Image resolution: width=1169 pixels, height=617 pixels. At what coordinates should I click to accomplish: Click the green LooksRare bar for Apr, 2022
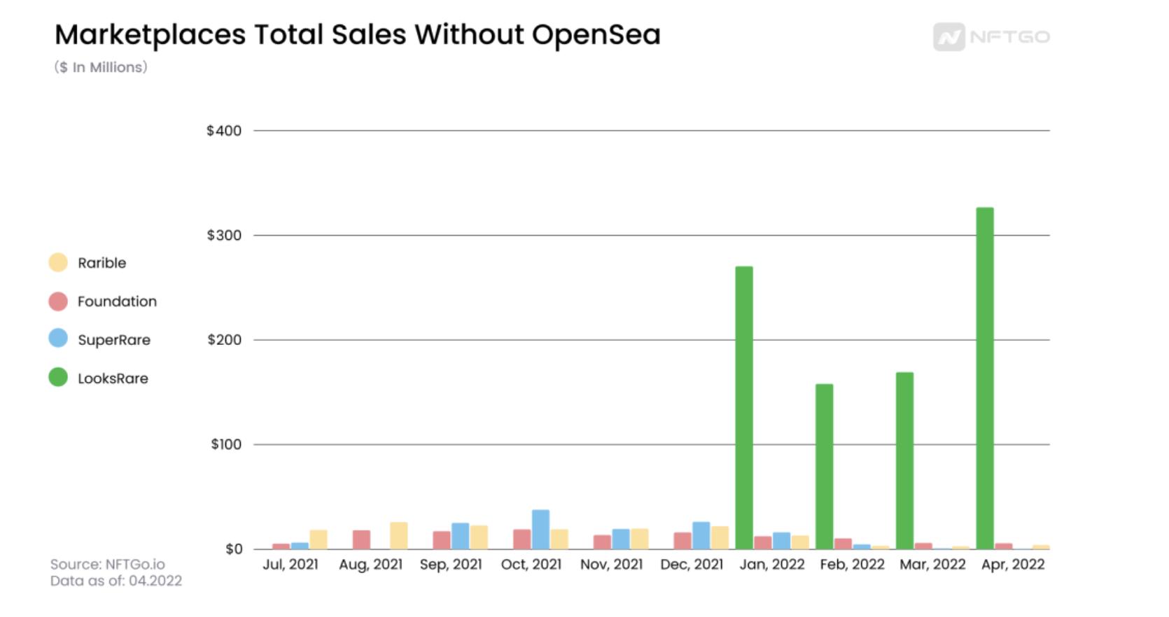(984, 378)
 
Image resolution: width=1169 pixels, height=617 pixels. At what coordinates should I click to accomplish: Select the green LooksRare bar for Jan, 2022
(744, 407)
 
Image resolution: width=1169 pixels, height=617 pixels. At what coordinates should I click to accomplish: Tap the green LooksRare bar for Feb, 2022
(824, 466)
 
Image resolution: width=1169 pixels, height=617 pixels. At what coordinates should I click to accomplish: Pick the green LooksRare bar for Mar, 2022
(904, 460)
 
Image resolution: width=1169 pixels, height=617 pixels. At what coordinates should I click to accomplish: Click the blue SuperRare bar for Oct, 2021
(540, 530)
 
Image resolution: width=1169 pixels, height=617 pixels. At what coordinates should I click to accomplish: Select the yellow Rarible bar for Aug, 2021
(398, 535)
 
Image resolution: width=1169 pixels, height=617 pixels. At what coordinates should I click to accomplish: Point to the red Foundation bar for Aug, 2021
(361, 539)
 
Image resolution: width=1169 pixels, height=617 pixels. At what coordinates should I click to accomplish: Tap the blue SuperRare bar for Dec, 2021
(701, 535)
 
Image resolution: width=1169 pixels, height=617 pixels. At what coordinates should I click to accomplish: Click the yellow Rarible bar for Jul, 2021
(318, 539)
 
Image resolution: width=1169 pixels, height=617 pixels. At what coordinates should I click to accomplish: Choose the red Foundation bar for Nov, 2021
(602, 541)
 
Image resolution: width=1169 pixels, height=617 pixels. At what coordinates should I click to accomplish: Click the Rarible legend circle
(58, 263)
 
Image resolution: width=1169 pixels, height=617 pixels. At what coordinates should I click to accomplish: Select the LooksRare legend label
(113, 378)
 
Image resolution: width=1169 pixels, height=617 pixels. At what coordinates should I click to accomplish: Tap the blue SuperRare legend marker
(58, 339)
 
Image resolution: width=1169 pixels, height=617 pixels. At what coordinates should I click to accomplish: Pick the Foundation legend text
(117, 302)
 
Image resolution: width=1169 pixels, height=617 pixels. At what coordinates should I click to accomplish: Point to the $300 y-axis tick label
(224, 235)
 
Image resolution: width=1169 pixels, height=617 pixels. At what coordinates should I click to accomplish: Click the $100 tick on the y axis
(226, 444)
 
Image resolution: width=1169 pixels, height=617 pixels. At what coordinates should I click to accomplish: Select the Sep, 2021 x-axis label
(451, 565)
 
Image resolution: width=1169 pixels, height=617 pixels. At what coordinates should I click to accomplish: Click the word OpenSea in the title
(596, 35)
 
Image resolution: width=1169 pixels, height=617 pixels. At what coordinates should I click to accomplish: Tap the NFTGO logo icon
(948, 37)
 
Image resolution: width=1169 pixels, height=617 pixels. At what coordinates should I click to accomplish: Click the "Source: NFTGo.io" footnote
(107, 564)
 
